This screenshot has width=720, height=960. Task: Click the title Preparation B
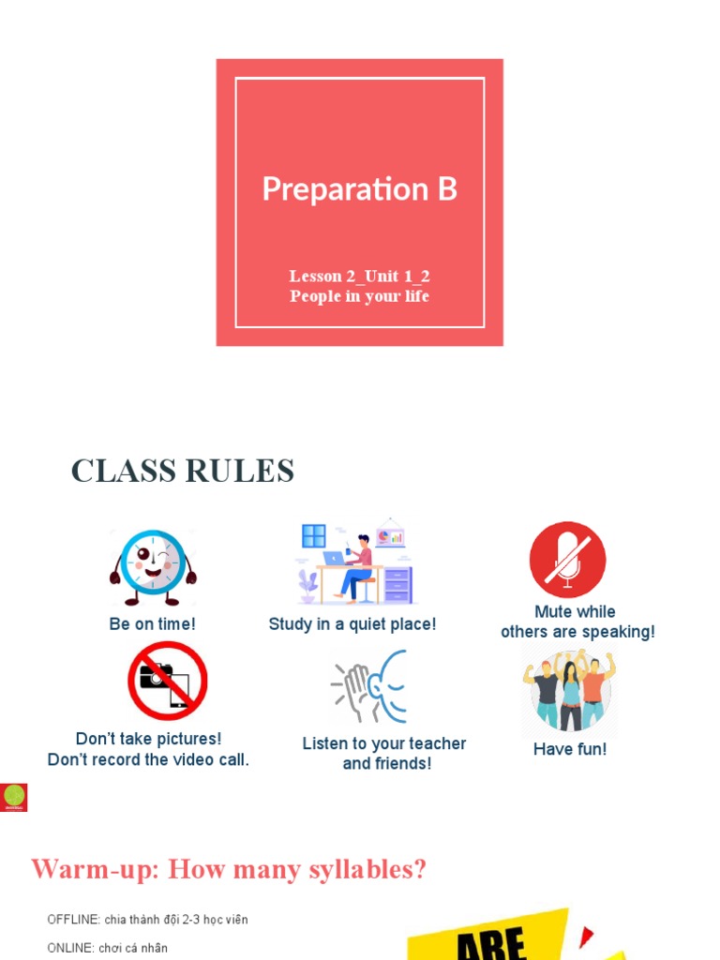[359, 188]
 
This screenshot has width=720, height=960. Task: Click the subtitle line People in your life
[359, 296]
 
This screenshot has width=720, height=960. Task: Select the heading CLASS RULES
[183, 471]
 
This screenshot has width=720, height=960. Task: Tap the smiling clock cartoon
[153, 564]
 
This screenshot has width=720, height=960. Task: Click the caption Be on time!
[153, 623]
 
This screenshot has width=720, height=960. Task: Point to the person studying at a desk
[354, 565]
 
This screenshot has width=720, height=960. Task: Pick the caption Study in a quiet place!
[352, 623]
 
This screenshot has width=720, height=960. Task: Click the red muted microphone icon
[567, 560]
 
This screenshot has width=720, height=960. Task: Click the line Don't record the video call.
[148, 759]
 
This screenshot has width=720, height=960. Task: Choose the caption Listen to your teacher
[384, 743]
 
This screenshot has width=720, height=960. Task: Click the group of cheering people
[569, 692]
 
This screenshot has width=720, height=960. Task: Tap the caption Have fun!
[570, 749]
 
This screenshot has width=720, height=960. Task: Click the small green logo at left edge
[14, 797]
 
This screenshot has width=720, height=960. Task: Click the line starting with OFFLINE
[147, 919]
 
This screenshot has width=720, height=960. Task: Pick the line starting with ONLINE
[107, 948]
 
